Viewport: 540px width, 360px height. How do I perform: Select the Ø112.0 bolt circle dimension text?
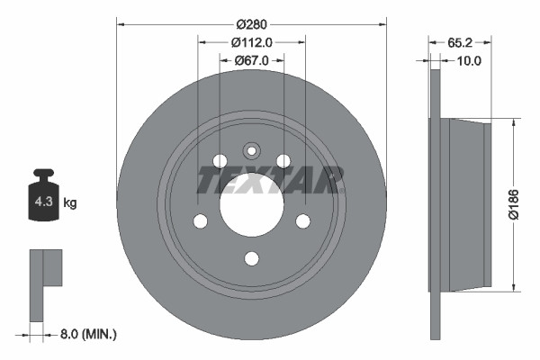coord(251,41)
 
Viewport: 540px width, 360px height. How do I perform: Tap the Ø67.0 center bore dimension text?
coord(251,60)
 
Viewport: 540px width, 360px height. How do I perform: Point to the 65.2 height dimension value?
coord(459,41)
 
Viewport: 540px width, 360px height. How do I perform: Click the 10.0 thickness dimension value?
coord(470,60)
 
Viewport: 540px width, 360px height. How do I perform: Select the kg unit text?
coord(70,203)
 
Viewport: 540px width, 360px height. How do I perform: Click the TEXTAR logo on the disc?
coord(270,181)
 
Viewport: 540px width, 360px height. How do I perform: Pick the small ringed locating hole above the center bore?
coord(252,151)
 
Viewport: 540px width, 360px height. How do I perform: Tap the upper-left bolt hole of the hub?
coord(220,161)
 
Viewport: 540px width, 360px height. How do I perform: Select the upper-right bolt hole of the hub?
coord(283,161)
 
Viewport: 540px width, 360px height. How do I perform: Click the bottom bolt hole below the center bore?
coord(252,258)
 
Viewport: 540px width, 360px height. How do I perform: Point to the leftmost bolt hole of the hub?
coord(201,220)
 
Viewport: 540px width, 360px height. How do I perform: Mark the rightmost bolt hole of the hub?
coord(303,220)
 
